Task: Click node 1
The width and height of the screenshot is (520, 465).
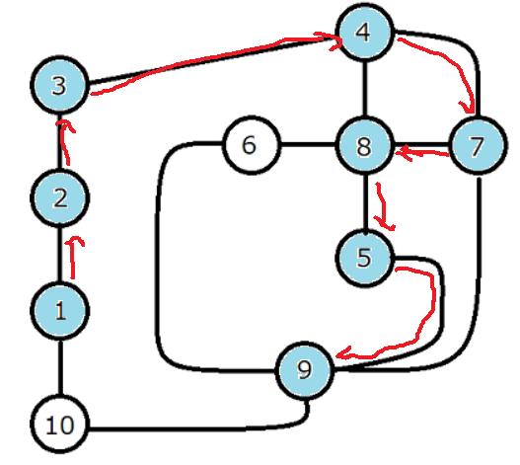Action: pos(59,311)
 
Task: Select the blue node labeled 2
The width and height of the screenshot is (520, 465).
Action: pos(59,197)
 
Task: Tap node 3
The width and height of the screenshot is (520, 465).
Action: pos(59,85)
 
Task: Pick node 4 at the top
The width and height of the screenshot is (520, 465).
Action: pos(365,32)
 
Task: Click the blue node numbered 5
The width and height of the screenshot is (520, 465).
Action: pos(365,258)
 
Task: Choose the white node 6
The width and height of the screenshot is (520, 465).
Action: pos(252,145)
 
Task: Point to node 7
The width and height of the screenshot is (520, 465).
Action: pos(478,145)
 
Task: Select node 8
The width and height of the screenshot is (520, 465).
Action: pos(365,145)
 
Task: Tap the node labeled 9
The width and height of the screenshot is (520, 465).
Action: pos(305,369)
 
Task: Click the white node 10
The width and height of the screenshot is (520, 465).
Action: pos(59,425)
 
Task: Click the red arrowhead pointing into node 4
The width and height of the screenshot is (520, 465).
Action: pos(334,41)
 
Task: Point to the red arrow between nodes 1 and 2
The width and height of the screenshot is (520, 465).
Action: pos(73,258)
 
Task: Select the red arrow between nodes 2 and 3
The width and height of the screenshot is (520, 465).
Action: pos(65,143)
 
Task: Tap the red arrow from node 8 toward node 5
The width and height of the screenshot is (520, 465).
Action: pos(384,205)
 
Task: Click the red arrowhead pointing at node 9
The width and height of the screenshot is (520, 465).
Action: pos(343,354)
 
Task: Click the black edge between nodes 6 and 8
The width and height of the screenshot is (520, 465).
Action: pos(308,145)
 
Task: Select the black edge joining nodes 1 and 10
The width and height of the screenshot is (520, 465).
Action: pos(60,367)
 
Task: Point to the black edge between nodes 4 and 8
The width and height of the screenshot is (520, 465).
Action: pos(365,89)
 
